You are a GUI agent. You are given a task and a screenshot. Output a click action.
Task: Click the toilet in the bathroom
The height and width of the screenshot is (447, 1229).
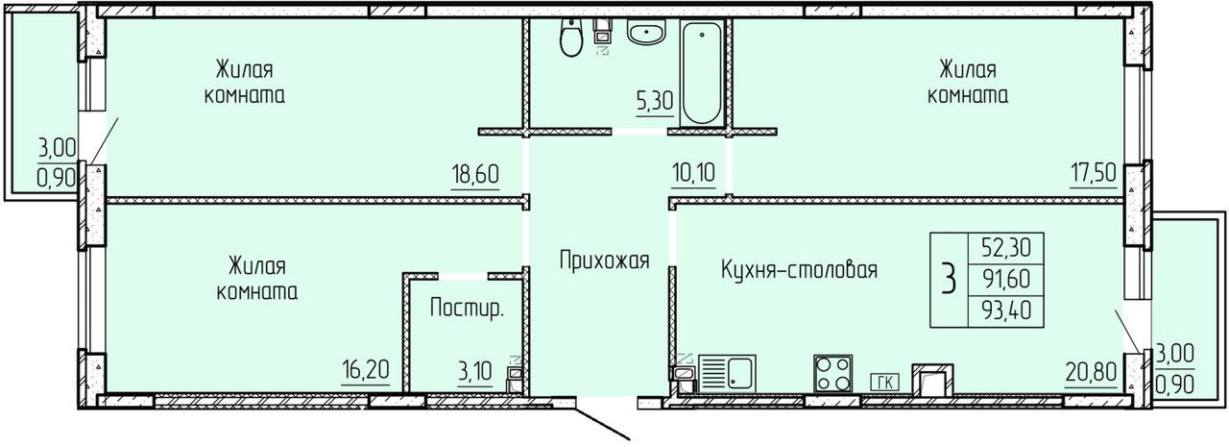(570, 37)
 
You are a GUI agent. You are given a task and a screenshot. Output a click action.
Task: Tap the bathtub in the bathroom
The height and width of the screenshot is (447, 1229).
(702, 72)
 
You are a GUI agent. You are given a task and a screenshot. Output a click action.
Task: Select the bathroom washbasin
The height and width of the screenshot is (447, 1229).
(646, 32)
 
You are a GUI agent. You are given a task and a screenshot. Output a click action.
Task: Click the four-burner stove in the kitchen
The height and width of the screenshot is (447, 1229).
(832, 373)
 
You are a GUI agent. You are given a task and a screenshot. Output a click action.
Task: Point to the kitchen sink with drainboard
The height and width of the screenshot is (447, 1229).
(727, 373)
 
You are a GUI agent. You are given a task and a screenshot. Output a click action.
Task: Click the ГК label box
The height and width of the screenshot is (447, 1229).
(885, 383)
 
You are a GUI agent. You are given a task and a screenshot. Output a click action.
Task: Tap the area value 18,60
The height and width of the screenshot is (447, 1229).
(475, 175)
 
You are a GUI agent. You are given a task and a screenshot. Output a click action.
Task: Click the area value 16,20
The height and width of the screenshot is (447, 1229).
(366, 370)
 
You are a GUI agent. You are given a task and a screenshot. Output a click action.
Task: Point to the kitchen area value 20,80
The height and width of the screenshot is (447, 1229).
(1091, 373)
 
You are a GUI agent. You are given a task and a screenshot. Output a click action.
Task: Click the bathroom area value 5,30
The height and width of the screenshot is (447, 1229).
(655, 102)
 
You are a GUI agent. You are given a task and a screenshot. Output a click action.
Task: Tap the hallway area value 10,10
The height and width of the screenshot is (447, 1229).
(693, 174)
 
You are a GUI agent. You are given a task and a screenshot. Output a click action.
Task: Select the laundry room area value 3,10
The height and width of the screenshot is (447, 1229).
(475, 372)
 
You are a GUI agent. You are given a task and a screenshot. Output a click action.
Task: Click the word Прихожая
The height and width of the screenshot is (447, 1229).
(604, 260)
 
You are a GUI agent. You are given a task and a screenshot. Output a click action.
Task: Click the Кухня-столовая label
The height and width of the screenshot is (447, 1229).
(799, 269)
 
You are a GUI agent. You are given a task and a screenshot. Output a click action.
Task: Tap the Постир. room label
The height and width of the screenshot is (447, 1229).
(467, 308)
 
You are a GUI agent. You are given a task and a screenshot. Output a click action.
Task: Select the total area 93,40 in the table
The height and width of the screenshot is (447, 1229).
(1006, 310)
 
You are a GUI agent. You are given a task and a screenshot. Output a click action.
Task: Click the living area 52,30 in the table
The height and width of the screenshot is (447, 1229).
(1006, 248)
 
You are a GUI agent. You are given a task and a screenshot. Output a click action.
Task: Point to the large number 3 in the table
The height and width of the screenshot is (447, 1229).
(949, 279)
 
